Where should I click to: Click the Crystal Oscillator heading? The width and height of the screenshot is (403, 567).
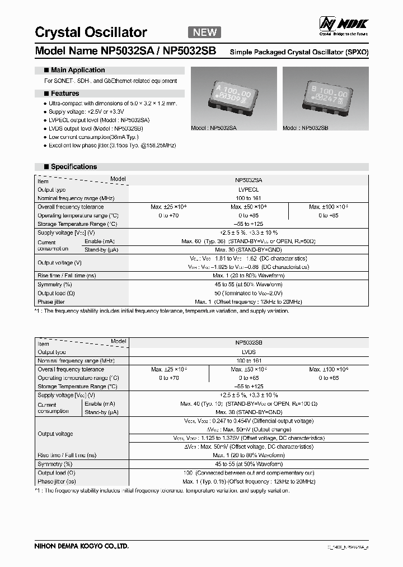91,32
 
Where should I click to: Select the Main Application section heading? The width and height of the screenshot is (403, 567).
77,70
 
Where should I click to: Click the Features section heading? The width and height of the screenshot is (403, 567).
64,94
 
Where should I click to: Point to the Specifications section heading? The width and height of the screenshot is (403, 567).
73,167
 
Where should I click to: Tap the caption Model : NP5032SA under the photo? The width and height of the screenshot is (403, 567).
214,128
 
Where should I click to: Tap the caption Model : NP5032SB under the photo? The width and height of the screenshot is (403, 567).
306,128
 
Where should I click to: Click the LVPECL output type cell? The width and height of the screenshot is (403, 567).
249,190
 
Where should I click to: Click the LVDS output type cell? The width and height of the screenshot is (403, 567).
249,352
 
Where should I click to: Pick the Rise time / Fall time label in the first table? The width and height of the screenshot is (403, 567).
67,276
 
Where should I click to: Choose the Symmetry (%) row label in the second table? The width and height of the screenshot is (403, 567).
55,464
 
